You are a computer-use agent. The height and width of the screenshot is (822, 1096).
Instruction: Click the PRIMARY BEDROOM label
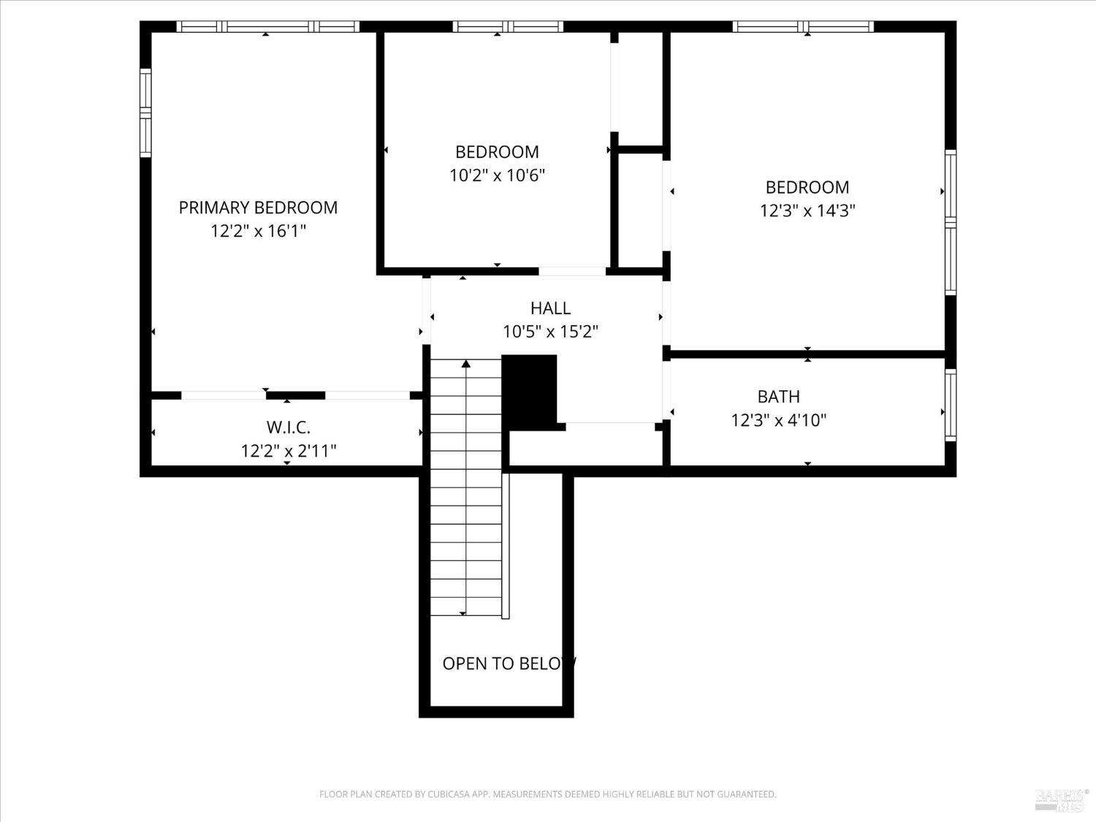[x=258, y=208]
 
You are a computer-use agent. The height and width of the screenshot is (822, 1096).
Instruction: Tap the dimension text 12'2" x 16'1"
[x=258, y=231]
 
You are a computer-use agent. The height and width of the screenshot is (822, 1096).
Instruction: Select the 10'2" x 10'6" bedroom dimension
[x=497, y=175]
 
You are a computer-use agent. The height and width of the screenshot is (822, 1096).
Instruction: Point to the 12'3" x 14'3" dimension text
[x=807, y=210]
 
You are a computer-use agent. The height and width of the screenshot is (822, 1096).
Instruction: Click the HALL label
[x=550, y=308]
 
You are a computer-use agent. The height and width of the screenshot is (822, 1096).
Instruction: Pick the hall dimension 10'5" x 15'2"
[x=550, y=332]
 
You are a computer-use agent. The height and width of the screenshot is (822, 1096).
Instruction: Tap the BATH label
[x=778, y=397]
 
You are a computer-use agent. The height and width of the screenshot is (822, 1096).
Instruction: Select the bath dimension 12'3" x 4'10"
[x=778, y=420]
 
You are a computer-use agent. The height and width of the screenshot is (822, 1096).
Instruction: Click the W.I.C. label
[x=288, y=427]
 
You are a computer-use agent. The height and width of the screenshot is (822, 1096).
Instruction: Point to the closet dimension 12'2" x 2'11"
[x=288, y=451]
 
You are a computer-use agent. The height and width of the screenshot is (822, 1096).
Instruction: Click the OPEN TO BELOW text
[x=509, y=663]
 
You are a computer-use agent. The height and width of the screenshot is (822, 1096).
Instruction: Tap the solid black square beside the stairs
[x=530, y=390]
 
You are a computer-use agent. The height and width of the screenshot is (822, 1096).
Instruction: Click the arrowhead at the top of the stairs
[x=465, y=362]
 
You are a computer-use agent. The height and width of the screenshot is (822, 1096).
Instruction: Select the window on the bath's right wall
[x=950, y=404]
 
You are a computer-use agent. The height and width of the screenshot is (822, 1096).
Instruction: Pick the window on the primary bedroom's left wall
[x=145, y=113]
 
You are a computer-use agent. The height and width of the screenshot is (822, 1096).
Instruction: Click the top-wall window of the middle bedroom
[x=508, y=27]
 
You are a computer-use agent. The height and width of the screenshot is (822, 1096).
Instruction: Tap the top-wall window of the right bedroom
[x=803, y=27]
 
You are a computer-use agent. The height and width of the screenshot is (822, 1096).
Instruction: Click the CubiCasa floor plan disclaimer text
[x=547, y=794]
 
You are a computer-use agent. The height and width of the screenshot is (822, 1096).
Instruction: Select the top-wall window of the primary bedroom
[x=267, y=27]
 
